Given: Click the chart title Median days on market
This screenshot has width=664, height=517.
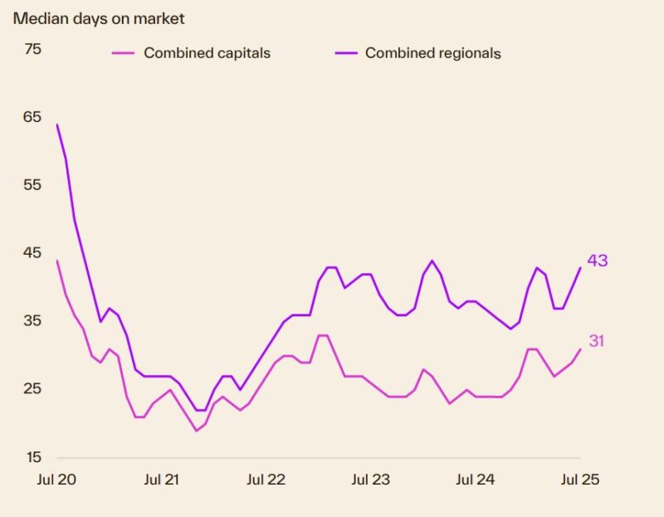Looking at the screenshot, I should point(98,18).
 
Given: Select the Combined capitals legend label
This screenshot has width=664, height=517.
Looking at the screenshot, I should point(207,53).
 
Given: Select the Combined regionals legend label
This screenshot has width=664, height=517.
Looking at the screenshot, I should point(432,53).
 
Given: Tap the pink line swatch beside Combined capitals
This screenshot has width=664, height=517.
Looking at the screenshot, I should point(123,53).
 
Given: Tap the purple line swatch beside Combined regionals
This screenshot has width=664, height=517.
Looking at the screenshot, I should point(345,53).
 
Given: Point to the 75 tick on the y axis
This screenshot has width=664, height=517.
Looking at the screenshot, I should point(32,49).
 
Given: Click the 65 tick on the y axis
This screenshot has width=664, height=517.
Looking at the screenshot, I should point(32,117).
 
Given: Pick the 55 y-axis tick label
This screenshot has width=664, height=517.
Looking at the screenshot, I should point(32,185).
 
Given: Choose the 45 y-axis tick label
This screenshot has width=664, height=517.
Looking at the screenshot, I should point(32,253).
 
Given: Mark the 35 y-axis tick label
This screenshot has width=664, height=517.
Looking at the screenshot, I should point(32,321).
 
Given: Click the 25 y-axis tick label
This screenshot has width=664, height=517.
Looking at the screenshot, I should point(32,389).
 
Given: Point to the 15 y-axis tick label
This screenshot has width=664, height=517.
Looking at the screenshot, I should point(32,457).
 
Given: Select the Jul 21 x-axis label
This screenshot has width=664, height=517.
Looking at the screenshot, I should point(162,480).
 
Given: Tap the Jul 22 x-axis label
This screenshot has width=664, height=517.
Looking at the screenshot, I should point(266,480).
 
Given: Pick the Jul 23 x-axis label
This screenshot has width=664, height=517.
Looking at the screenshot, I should point(371,480).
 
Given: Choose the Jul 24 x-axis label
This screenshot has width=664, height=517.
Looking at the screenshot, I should point(476,480).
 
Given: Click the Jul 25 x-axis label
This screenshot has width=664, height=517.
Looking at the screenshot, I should point(579,480).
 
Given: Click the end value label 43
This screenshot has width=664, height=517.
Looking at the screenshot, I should point(598,261).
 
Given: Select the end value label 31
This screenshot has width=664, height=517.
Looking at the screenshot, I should point(597,341).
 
